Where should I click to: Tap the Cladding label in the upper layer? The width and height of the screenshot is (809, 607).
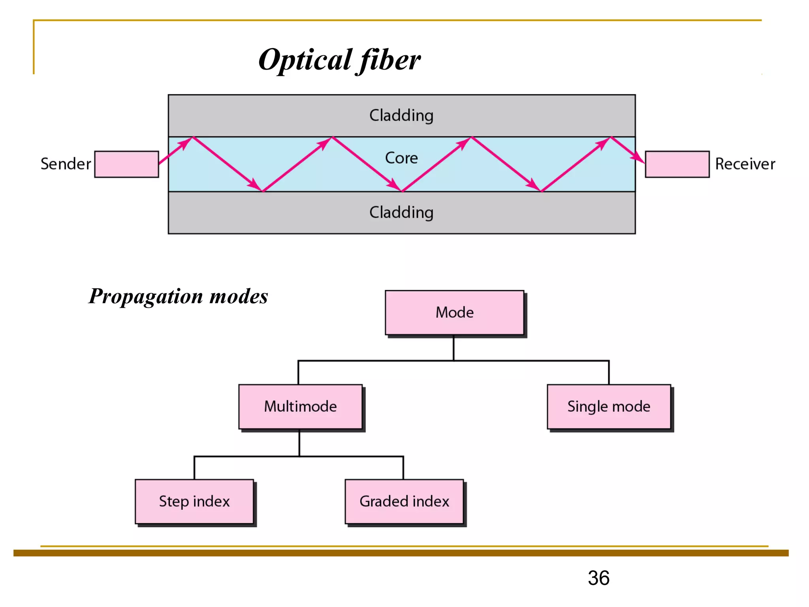(x=401, y=115)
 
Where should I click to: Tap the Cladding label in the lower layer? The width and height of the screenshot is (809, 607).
(x=401, y=213)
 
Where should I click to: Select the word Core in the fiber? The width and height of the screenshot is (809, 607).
(x=401, y=158)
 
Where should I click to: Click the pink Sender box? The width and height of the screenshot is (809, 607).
(x=126, y=164)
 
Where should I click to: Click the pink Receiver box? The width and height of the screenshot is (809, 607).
(x=677, y=164)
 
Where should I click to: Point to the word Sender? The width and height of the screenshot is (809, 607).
(x=66, y=164)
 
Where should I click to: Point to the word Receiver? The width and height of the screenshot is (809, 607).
(x=745, y=164)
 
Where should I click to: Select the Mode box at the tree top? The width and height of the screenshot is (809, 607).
(x=454, y=313)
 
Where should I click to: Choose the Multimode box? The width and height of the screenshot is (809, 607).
(x=300, y=407)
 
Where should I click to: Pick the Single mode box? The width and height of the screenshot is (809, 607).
(x=609, y=407)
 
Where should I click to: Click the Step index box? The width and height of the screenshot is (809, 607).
(x=194, y=501)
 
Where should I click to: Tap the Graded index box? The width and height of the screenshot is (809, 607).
(x=404, y=501)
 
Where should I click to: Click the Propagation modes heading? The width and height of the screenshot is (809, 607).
(x=178, y=296)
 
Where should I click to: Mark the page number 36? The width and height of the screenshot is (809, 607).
(x=598, y=578)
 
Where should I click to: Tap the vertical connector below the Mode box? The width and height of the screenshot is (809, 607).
(x=453, y=348)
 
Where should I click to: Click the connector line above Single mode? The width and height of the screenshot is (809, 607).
(x=609, y=372)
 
